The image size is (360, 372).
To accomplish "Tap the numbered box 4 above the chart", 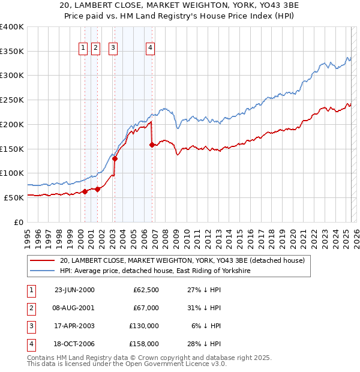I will [150, 49].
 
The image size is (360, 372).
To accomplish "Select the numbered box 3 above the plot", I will [113, 49].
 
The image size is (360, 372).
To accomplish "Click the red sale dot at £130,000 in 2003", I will [115, 158].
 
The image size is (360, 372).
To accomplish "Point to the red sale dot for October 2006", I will [152, 145].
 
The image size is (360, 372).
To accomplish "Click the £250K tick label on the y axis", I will [12, 100].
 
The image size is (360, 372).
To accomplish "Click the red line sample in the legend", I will [42, 261].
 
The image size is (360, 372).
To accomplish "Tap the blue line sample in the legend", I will [42, 271].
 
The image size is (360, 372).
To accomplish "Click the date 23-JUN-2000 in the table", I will [74, 290].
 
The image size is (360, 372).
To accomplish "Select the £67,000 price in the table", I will [146, 308].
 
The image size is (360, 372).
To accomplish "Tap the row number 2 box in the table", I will [29, 308].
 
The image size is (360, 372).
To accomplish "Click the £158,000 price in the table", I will [144, 344].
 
